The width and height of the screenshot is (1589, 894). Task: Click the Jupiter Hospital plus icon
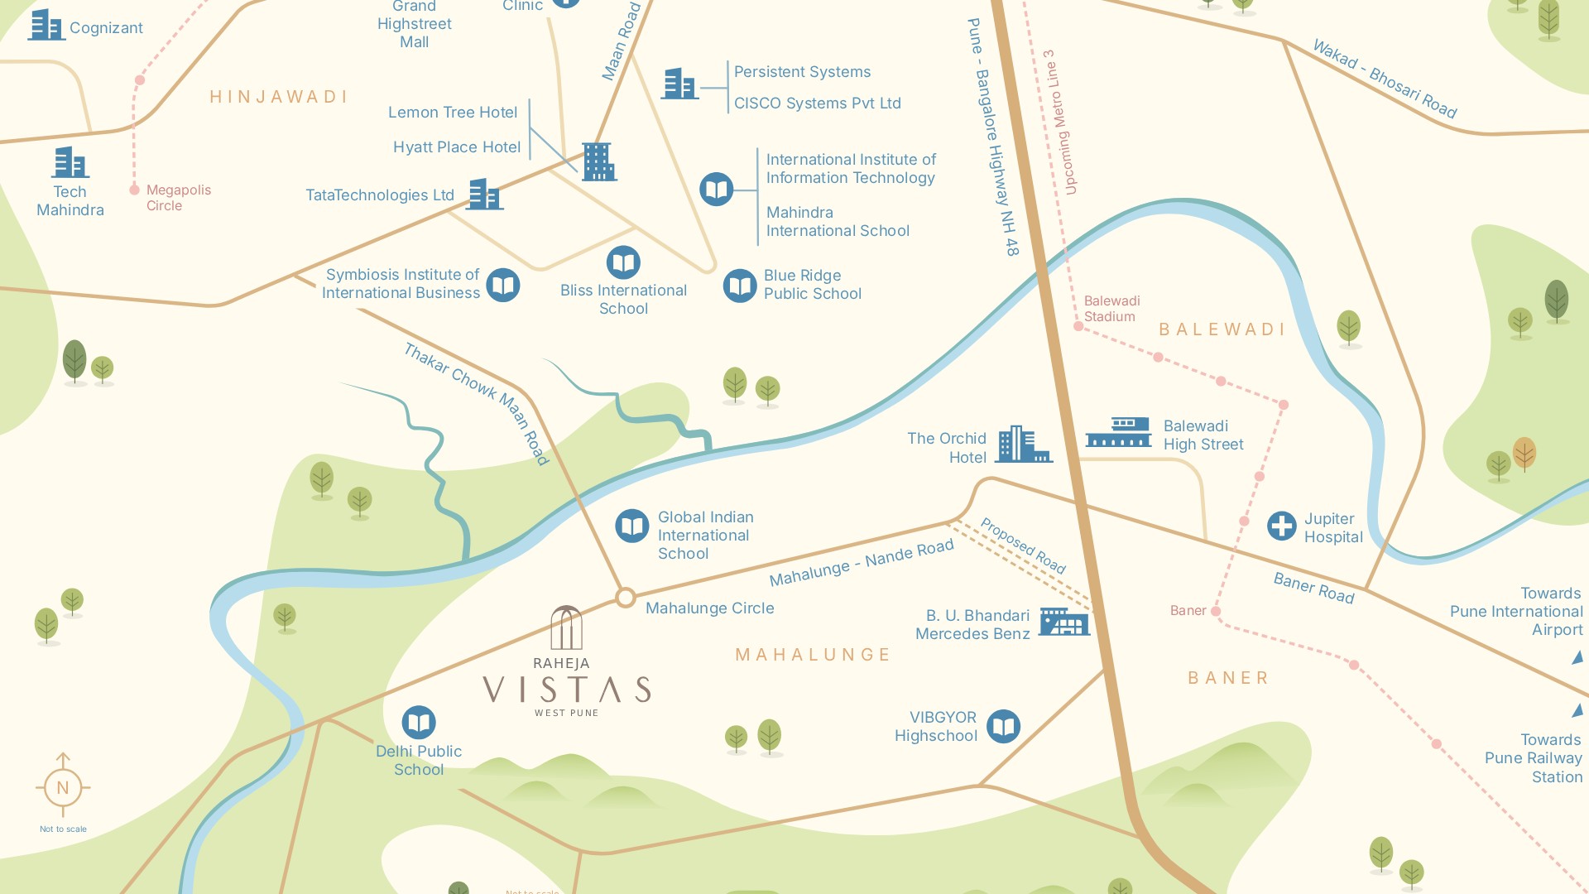(x=1281, y=526)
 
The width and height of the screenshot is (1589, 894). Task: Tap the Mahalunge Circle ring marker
(x=626, y=598)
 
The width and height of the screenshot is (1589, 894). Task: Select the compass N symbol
(x=63, y=787)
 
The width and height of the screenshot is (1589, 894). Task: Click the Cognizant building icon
(x=46, y=26)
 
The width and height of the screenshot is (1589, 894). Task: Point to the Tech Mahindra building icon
(x=70, y=162)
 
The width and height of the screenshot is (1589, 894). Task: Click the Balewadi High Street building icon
(x=1118, y=432)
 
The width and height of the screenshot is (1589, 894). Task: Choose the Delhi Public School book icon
(x=419, y=723)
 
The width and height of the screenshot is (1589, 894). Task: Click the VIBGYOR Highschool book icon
(x=1003, y=727)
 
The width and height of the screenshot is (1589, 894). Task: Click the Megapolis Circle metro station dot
(x=135, y=190)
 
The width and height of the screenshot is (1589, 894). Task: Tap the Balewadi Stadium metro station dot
(x=1078, y=327)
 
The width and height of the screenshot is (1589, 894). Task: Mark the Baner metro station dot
(x=1216, y=611)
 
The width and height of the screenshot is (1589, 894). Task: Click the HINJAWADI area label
(x=278, y=97)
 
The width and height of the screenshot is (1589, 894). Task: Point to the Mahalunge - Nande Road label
(x=861, y=563)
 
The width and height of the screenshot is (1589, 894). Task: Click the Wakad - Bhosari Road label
(x=1385, y=80)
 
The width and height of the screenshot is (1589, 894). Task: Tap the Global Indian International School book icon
(x=632, y=526)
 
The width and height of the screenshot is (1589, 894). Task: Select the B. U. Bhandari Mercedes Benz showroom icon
(x=1063, y=622)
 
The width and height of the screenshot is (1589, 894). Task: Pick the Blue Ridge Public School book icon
(x=740, y=286)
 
